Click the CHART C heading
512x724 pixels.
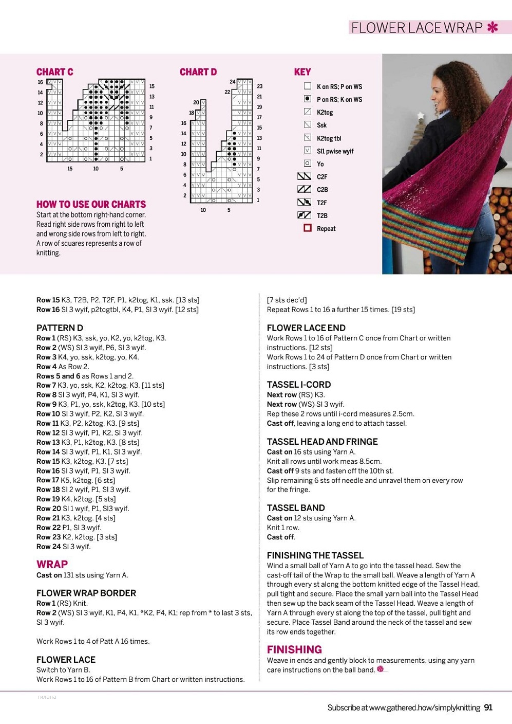(x=54, y=72)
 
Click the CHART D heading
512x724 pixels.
(x=198, y=72)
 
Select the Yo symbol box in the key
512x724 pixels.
(x=308, y=164)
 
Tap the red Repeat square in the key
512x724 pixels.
(x=308, y=228)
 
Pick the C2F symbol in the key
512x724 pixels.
(x=304, y=176)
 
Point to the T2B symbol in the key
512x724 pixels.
(x=304, y=215)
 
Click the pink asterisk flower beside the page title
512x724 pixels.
(x=492, y=27)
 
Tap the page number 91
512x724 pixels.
(x=488, y=708)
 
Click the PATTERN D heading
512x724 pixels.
(x=60, y=328)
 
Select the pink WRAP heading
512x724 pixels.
(x=52, y=564)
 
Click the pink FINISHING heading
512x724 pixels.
(x=294, y=649)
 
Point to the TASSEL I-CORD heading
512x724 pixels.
(x=299, y=385)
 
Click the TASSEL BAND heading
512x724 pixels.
(x=296, y=508)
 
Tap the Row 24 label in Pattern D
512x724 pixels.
(x=48, y=547)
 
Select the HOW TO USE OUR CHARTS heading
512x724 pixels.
(x=91, y=204)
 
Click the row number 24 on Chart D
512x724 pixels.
(x=232, y=82)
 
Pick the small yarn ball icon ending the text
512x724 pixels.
(x=381, y=669)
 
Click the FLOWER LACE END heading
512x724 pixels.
(x=306, y=328)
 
